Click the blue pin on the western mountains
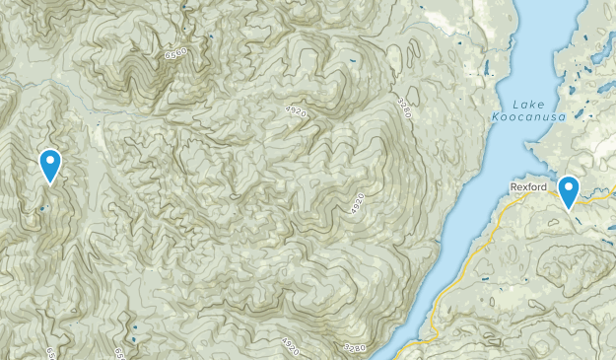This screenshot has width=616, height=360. pos(49,163)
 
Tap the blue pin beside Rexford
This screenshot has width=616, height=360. pos(569,188)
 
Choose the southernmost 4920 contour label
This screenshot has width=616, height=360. pos(289,342)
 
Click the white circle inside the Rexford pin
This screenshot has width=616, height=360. pos(569,185)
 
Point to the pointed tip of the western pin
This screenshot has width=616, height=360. pos(49,184)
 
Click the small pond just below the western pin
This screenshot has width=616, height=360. pos(42,208)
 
